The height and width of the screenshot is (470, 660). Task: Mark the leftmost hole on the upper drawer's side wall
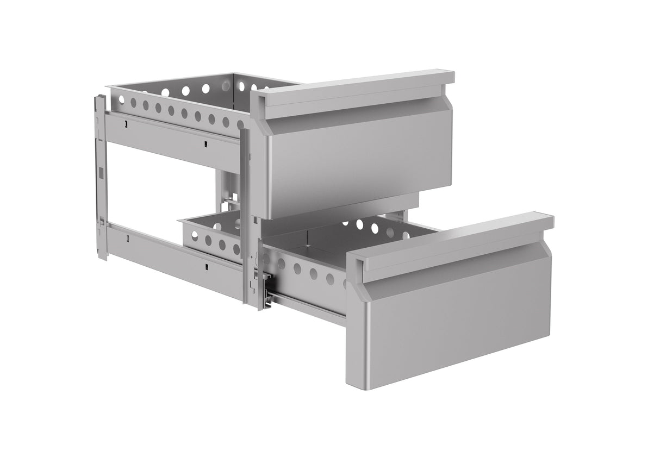121,99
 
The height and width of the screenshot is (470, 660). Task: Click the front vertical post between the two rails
246,217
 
